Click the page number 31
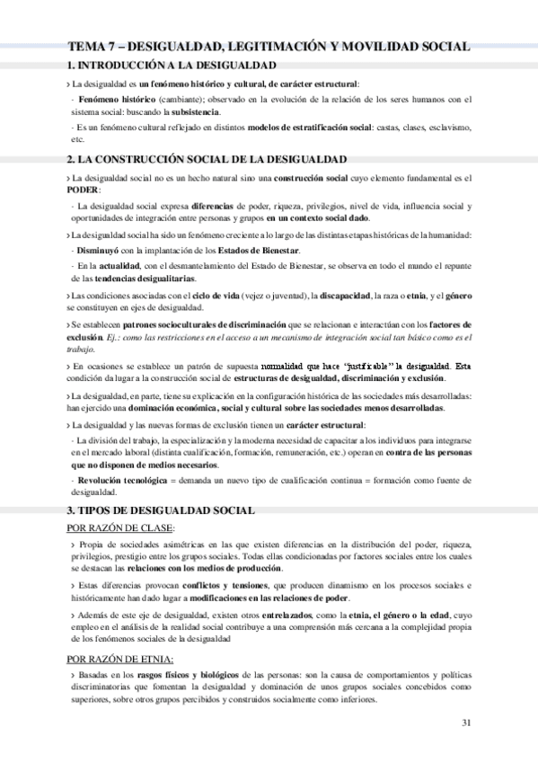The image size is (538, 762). tap(464, 722)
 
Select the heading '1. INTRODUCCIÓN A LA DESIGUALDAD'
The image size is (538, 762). tap(172, 66)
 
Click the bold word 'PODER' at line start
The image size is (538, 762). tap(86, 190)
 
